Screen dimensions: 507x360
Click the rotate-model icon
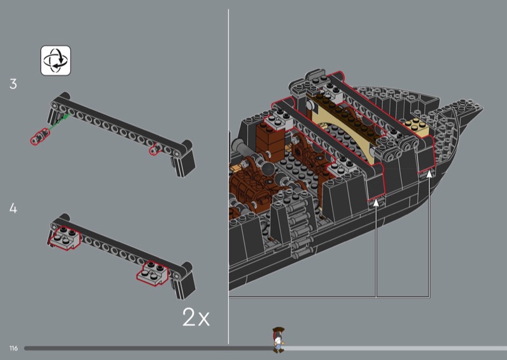(x=56, y=60)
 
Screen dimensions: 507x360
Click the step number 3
(x=13, y=84)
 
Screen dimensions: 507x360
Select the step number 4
(x=13, y=208)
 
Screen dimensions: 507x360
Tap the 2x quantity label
(x=196, y=317)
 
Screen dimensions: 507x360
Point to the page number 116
(x=13, y=348)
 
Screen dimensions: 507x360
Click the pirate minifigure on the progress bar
(x=278, y=340)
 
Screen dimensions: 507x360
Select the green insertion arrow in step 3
(x=59, y=122)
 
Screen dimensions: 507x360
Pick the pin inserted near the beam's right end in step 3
(x=155, y=149)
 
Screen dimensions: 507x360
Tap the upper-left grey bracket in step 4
(x=65, y=238)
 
